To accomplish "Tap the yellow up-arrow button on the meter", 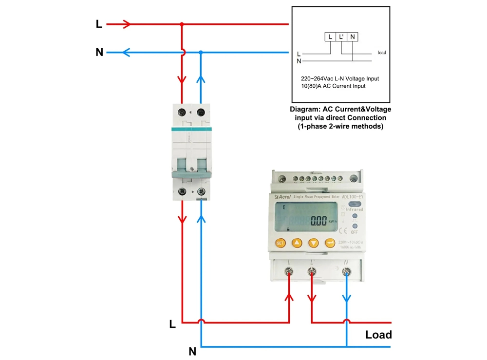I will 297,243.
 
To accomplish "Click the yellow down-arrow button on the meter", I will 313,243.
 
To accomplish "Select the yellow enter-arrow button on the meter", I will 330,243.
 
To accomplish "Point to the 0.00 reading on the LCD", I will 318,221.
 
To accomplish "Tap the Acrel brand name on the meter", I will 284,196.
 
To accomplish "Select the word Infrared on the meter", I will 355,209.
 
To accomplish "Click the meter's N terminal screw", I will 346,272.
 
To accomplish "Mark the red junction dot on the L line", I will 182,23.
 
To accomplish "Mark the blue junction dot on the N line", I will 201,52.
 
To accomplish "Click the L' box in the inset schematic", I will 341,37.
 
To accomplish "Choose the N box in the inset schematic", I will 353,37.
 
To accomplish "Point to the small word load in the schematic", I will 381,53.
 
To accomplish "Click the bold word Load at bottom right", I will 378,335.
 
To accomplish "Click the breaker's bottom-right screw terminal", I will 201,191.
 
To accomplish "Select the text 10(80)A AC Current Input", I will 333,86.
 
